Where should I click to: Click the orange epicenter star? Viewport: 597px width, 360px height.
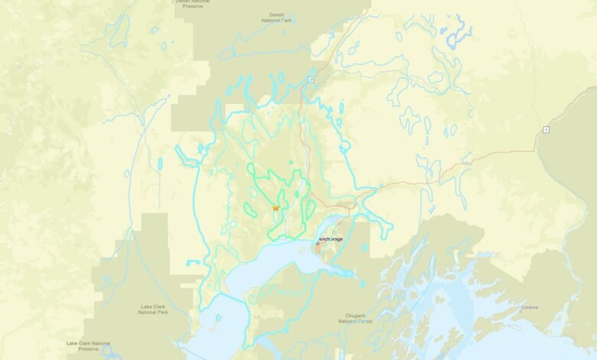276,208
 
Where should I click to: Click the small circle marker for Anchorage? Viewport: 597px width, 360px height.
318,242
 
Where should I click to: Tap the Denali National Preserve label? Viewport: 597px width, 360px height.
193,3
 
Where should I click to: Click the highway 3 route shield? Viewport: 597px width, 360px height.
312,80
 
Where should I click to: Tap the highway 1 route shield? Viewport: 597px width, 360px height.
546,129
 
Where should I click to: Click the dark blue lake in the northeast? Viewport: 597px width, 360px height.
458,34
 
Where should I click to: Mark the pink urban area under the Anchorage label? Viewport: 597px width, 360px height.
318,250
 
